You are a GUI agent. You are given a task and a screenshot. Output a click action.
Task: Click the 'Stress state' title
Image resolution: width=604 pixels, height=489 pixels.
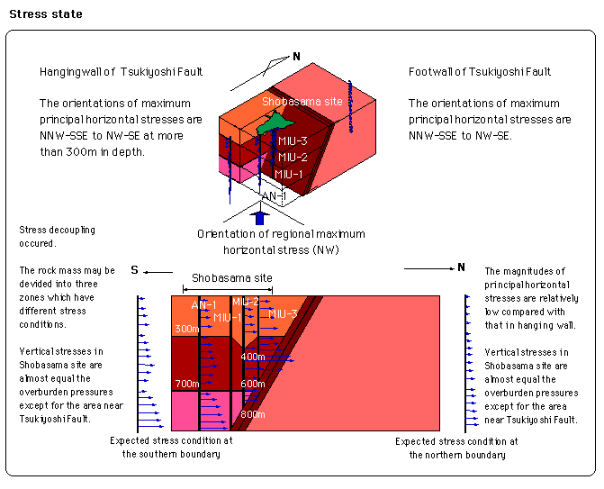pos(46,14)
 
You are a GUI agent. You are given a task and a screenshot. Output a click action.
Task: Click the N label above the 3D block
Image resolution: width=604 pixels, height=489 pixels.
pos(296,57)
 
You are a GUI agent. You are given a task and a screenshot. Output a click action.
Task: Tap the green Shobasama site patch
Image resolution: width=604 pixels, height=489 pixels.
pos(275,122)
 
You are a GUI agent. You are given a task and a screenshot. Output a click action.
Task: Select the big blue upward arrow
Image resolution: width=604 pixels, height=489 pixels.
pos(260,218)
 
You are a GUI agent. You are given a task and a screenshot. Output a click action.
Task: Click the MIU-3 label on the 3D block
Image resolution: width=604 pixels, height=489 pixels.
pos(293,141)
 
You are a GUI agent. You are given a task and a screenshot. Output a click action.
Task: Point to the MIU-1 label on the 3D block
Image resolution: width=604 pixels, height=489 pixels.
pos(289,174)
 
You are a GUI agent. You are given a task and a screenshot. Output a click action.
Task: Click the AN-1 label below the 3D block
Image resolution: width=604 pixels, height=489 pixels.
pos(274,196)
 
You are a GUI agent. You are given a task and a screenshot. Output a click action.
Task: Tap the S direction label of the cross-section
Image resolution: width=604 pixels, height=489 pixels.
pos(134,270)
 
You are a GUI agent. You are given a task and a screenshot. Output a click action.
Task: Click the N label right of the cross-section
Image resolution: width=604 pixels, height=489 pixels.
pos(462,267)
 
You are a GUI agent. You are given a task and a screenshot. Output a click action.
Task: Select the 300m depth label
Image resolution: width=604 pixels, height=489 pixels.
pos(187,329)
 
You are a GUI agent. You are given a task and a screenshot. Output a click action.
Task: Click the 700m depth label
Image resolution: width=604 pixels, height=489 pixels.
pos(187,384)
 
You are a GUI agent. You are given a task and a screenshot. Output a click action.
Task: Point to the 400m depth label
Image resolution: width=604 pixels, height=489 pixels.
pos(253,357)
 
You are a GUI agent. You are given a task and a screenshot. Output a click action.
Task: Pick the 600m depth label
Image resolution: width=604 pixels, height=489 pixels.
pos(253,384)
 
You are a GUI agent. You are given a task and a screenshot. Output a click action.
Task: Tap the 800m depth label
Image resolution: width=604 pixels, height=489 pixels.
pos(253,414)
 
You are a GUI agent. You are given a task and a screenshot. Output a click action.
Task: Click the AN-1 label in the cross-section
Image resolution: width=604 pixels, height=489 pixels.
pos(203,305)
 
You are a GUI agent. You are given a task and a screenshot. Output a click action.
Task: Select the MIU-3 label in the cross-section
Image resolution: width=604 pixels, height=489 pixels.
pos(284,314)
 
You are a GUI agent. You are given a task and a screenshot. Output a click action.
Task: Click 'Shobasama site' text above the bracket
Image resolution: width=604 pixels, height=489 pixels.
pos(232,278)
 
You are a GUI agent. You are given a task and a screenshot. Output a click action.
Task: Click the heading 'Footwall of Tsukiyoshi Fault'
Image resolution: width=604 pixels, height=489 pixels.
pos(480,72)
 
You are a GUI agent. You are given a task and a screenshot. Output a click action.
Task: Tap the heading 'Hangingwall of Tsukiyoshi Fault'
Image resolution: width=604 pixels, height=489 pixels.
pos(121,72)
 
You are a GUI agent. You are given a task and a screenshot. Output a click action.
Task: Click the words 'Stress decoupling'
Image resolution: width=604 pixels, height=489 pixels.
pos(57,230)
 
